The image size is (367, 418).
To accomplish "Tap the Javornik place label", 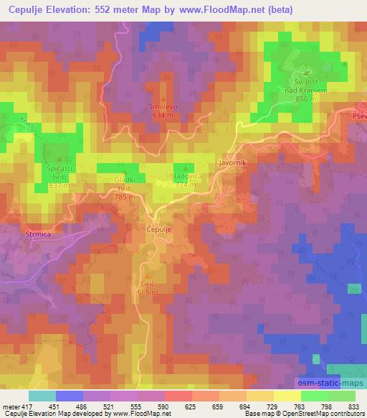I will pos(232,163).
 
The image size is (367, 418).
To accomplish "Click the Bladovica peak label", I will pos(184,176).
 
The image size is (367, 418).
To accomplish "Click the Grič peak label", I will pos(147,284).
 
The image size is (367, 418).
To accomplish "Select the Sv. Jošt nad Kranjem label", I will pos(306,87).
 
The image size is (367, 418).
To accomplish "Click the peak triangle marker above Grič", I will pos(147,276).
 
